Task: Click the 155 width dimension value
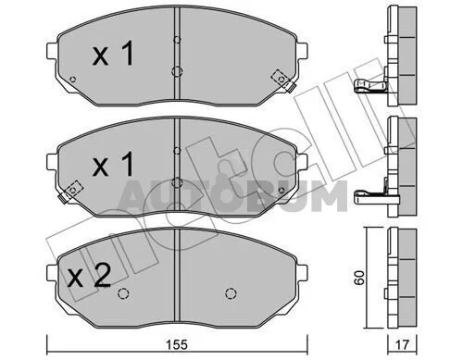pyautogui.click(x=177, y=345)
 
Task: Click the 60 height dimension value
pyautogui.click(x=359, y=278)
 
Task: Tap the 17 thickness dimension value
pyautogui.click(x=402, y=345)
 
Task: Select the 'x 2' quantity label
pyautogui.click(x=89, y=276)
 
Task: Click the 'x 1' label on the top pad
pyautogui.click(x=113, y=53)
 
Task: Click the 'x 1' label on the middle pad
pyautogui.click(x=113, y=164)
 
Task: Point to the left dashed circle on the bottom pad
pyautogui.click(x=123, y=293)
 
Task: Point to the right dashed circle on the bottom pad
pyautogui.click(x=231, y=293)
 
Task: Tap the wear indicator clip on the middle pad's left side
pyautogui.click(x=70, y=192)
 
